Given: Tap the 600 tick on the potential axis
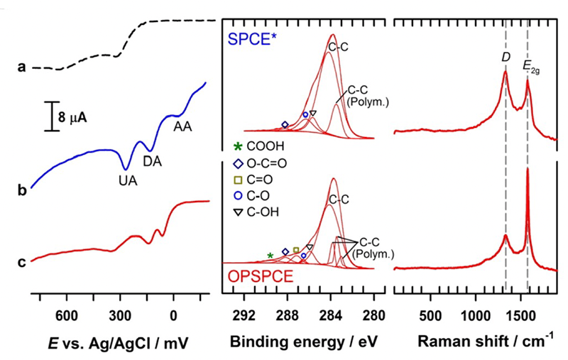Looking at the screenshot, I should tap(66, 315).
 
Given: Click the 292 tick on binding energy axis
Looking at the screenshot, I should tap(244, 315).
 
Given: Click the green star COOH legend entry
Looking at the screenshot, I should tap(256, 146).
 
